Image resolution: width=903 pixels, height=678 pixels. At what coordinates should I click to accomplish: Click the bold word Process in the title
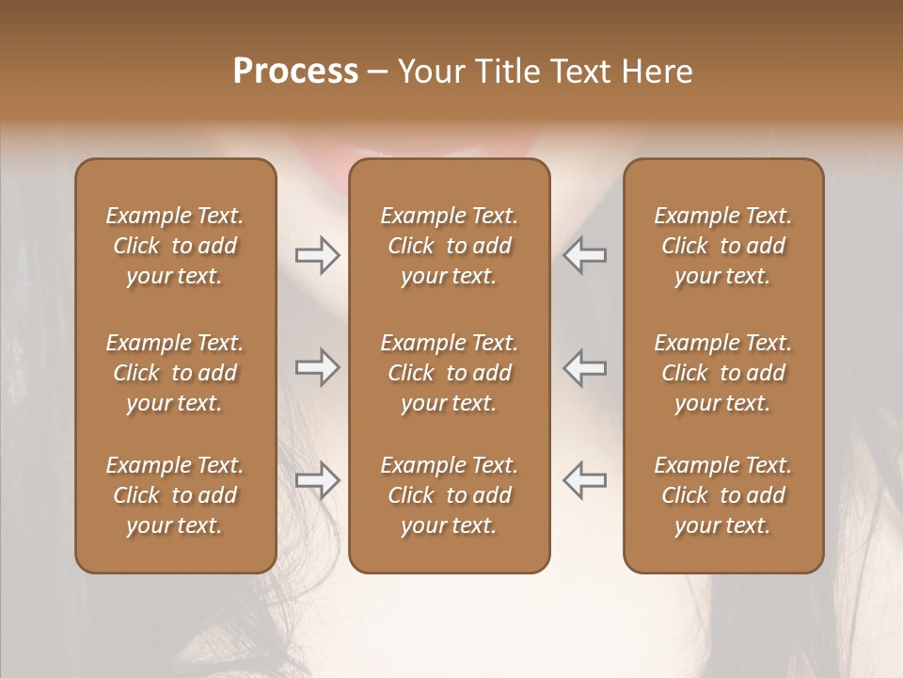pyautogui.click(x=295, y=72)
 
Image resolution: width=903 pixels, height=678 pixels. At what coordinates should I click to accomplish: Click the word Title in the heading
pyautogui.click(x=505, y=72)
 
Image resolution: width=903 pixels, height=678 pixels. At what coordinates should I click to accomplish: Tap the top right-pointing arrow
pyautogui.click(x=318, y=255)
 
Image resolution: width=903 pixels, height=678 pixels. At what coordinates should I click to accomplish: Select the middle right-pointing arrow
pyautogui.click(x=318, y=367)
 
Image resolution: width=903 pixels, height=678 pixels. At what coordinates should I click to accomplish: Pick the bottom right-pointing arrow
pyautogui.click(x=318, y=480)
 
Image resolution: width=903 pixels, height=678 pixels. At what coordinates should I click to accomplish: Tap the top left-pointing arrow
pyautogui.click(x=584, y=255)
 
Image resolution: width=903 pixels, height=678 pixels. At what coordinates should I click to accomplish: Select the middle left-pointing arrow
pyautogui.click(x=584, y=367)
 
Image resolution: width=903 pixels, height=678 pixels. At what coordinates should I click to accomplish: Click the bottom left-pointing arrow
pyautogui.click(x=584, y=480)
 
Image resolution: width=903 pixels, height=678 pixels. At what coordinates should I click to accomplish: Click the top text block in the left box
pyautogui.click(x=175, y=246)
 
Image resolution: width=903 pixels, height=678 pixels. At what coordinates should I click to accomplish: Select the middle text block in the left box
pyautogui.click(x=175, y=373)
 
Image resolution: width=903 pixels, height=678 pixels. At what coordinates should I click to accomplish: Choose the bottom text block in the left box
pyautogui.click(x=175, y=495)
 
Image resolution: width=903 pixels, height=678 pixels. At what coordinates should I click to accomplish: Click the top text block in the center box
pyautogui.click(x=450, y=246)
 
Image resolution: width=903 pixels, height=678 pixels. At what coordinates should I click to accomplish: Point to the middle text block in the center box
pyautogui.click(x=450, y=373)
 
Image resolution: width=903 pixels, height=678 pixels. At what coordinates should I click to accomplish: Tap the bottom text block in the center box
pyautogui.click(x=450, y=495)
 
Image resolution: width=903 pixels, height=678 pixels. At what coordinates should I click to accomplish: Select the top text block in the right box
pyautogui.click(x=723, y=246)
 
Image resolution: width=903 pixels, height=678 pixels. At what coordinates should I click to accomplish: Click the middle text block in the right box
pyautogui.click(x=723, y=373)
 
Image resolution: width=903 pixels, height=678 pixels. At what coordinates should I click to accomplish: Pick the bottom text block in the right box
pyautogui.click(x=723, y=495)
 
